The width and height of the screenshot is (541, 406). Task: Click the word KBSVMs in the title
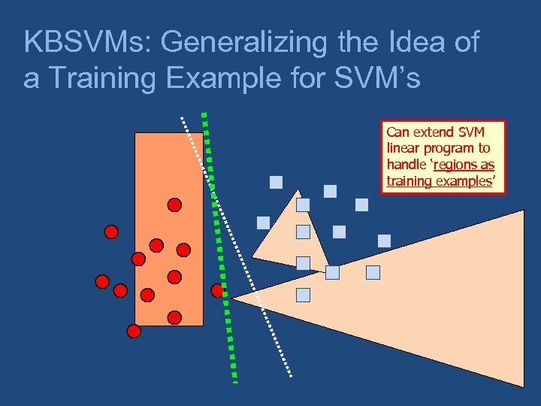(87, 42)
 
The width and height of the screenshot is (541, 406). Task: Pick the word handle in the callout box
(406, 165)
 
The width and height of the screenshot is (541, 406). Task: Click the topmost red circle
(174, 205)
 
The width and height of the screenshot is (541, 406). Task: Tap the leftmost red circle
(102, 282)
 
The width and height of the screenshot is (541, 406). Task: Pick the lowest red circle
(134, 330)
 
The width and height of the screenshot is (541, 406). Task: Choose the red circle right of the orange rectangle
(218, 290)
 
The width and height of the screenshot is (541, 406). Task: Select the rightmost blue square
(384, 241)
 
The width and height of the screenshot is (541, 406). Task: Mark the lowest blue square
(303, 295)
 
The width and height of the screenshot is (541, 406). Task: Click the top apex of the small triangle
(298, 189)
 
